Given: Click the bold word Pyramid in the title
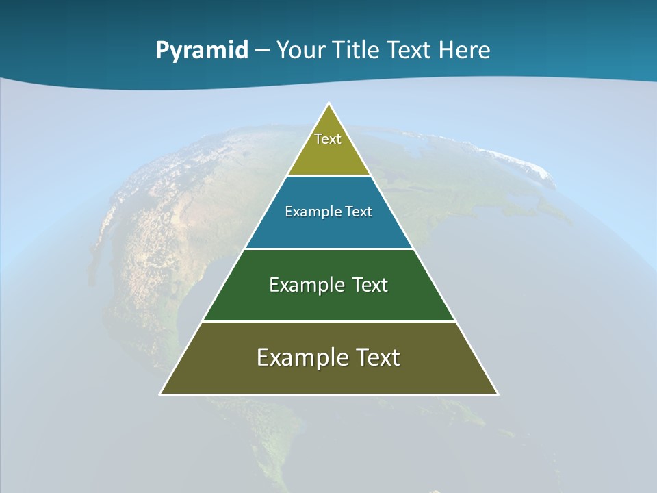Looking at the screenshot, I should (202, 50).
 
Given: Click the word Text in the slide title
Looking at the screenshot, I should (410, 50).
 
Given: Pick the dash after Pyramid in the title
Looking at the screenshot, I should (262, 51).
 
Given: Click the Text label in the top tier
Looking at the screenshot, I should (328, 139).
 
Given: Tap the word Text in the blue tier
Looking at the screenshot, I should (359, 212).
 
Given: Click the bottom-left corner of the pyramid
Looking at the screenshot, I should (161, 394).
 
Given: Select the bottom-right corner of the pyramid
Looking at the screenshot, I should (498, 394).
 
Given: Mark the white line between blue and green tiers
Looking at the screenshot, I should (329, 249).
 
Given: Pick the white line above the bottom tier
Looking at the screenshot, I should (329, 321).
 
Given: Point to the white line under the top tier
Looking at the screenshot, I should (329, 176).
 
